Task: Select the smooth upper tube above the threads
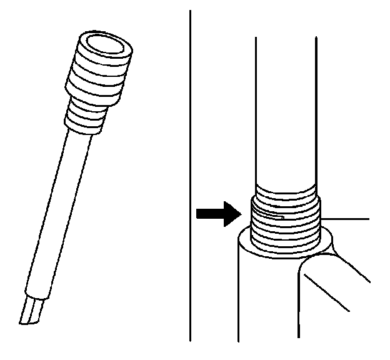(287, 112)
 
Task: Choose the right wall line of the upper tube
(318, 112)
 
